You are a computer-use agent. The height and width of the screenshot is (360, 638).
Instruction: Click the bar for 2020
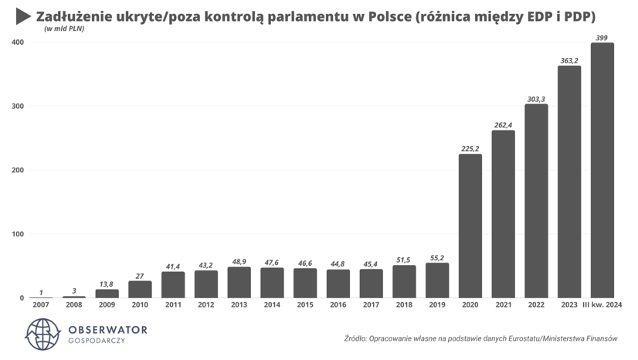coord(470,226)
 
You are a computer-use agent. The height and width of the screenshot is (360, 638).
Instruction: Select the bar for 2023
coord(569,182)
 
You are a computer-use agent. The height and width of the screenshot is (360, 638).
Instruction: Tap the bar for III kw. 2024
coord(602,170)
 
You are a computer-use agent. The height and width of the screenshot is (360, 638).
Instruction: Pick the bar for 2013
coord(239,282)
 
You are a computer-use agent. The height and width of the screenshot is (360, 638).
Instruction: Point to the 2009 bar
coord(107,294)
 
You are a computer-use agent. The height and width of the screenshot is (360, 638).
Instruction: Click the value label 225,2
coord(470,148)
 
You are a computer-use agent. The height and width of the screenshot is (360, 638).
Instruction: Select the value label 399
coord(602,37)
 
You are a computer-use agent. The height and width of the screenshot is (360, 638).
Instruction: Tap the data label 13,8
coord(107,284)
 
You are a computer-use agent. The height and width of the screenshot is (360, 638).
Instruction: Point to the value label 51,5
coord(404,260)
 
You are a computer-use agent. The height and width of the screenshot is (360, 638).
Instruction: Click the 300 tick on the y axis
coord(17,106)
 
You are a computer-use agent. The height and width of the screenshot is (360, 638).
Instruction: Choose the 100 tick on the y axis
coord(17,234)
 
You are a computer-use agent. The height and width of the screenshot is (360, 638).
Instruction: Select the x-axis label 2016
coord(338,306)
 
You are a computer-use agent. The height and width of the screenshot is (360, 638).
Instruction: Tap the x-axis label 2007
coord(41,306)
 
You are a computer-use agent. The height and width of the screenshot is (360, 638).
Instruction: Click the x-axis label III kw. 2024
coord(602,306)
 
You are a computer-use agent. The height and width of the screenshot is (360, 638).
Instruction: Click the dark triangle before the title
coord(23,17)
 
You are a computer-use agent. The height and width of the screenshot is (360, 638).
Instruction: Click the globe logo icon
coord(43,335)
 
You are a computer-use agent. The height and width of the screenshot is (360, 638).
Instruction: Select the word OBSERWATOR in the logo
coord(107,330)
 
